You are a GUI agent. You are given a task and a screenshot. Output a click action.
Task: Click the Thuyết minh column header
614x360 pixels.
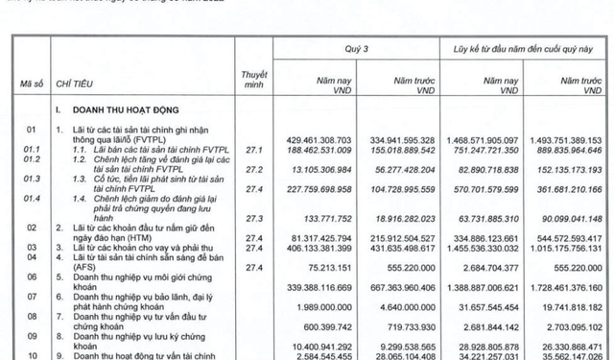click(254, 78)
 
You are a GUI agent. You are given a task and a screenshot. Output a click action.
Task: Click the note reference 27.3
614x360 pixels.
click(254, 218)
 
